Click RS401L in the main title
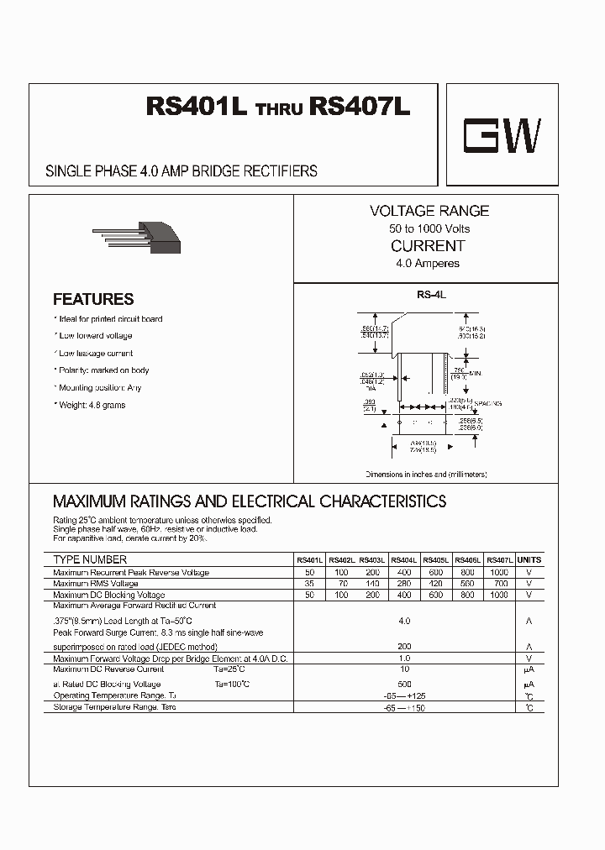pyautogui.click(x=197, y=108)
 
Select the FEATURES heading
pyautogui.click(x=93, y=299)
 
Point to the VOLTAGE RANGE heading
pyautogui.click(x=429, y=211)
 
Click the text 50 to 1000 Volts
pyautogui.click(x=429, y=228)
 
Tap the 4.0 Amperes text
pyautogui.click(x=429, y=264)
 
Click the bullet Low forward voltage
pyautogui.click(x=94, y=336)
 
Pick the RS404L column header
pyautogui.click(x=404, y=560)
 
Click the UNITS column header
pyautogui.click(x=529, y=560)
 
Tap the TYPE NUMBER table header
pyautogui.click(x=90, y=559)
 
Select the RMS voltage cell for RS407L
pyautogui.click(x=499, y=583)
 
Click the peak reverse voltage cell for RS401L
pyautogui.click(x=309, y=572)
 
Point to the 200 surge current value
pyautogui.click(x=404, y=647)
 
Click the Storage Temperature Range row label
pyautogui.click(x=114, y=707)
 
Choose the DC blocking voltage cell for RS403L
pyautogui.click(x=372, y=595)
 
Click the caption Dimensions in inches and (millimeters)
pyautogui.click(x=426, y=475)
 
